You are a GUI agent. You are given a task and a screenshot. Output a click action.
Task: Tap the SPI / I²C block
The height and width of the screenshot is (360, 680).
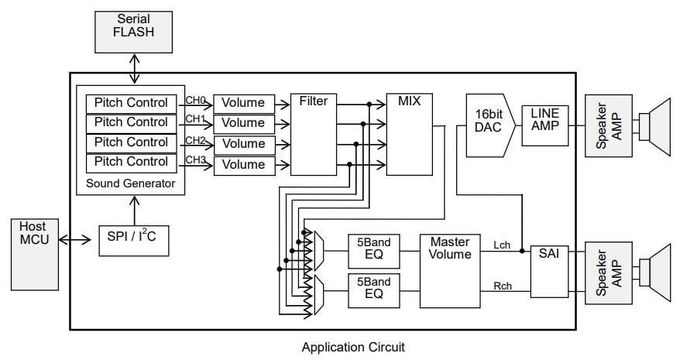pyautogui.click(x=133, y=240)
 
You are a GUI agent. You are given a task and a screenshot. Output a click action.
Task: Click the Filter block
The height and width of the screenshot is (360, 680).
pyautogui.click(x=313, y=133)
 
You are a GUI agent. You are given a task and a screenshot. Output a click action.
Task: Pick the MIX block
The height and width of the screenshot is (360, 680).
pyautogui.click(x=408, y=133)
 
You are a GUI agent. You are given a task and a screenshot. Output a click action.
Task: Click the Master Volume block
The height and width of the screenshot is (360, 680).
pyautogui.click(x=449, y=271)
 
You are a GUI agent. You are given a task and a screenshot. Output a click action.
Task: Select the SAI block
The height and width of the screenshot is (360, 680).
pyautogui.click(x=548, y=271)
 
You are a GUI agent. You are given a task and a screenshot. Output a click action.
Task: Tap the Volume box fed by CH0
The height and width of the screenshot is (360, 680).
pyautogui.click(x=243, y=103)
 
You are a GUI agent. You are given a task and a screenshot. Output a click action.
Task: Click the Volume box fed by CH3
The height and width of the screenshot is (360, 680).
pyautogui.click(x=243, y=164)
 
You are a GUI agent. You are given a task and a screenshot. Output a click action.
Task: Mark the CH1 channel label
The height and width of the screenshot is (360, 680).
pyautogui.click(x=195, y=119)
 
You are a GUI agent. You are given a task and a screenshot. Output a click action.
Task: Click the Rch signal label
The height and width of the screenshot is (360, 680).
pyautogui.click(x=502, y=286)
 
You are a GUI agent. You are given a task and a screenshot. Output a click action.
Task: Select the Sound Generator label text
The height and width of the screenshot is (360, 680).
pyautogui.click(x=130, y=183)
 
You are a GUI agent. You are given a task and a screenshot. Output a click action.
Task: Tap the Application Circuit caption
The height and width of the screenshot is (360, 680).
pyautogui.click(x=352, y=347)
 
